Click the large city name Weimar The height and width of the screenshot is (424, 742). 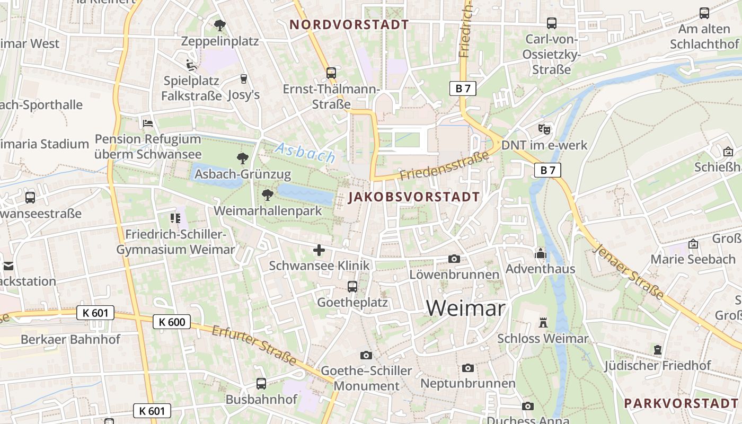(x=465, y=308)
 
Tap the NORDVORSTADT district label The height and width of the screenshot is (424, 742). (x=349, y=25)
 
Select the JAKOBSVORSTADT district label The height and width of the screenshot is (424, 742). (x=414, y=197)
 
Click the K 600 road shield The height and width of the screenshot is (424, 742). (x=172, y=322)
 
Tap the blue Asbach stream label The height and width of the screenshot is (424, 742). (x=305, y=153)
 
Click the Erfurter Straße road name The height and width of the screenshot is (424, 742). (x=254, y=345)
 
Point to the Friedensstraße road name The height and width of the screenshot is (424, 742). (x=444, y=166)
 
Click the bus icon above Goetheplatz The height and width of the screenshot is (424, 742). (x=352, y=287)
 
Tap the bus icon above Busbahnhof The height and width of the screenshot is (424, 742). (x=261, y=384)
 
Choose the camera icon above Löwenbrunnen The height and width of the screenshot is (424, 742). (x=454, y=259)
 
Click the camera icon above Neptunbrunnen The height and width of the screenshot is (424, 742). (x=467, y=368)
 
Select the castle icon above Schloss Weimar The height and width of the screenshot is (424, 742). (x=543, y=323)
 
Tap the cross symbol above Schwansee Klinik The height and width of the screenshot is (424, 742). (x=319, y=250)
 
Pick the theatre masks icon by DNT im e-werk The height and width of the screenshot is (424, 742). (x=544, y=129)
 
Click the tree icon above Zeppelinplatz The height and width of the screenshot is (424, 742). (x=219, y=25)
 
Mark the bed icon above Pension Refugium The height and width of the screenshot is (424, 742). (x=148, y=123)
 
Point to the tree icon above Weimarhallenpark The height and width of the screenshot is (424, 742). (x=268, y=195)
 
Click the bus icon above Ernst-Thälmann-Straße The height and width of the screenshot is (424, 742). (x=331, y=73)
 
